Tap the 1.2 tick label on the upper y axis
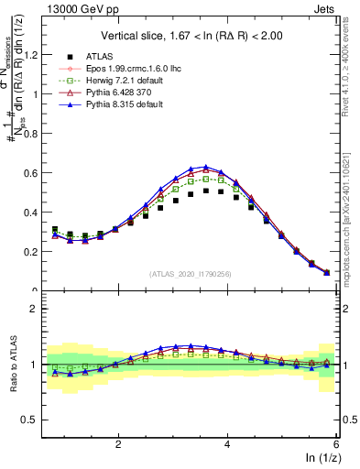(33, 54)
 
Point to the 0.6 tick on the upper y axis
(33, 172)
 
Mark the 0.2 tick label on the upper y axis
(33, 251)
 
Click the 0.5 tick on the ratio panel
(33, 420)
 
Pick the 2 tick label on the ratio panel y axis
(38, 309)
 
